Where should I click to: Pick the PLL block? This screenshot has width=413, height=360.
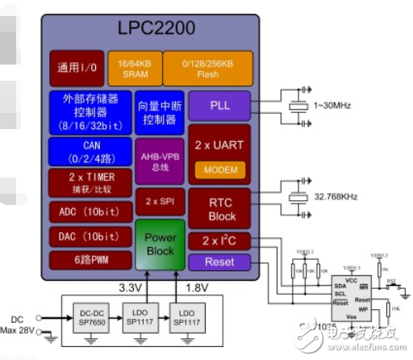tap(219, 105)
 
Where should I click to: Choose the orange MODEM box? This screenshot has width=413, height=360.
tap(219, 170)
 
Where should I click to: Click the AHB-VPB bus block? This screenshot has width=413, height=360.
tap(159, 161)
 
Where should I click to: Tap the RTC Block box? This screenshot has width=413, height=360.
tap(219, 209)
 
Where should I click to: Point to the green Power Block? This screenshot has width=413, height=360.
tap(160, 244)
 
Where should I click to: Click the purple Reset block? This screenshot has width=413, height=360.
tap(219, 262)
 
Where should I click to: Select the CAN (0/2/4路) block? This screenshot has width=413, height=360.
tap(88, 151)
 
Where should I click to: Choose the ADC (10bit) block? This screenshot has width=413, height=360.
tap(88, 212)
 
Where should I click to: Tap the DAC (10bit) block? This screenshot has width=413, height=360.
tap(88, 237)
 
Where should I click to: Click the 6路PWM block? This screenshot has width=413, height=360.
tap(88, 260)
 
